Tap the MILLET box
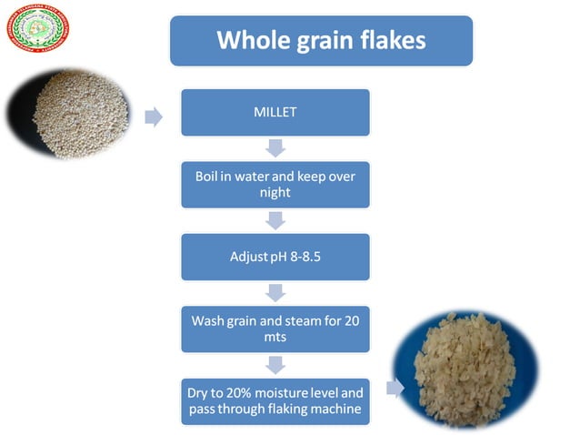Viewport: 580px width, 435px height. coord(275,112)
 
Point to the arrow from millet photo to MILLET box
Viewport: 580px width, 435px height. coord(154,116)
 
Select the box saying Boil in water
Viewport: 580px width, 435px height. coord(275,185)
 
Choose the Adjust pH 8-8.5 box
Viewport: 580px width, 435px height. coord(275,257)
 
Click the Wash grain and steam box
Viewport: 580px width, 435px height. coord(275,329)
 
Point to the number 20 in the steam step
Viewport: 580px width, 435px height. coord(349,320)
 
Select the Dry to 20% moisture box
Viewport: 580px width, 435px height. coord(275,401)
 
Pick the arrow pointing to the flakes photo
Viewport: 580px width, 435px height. coord(394,389)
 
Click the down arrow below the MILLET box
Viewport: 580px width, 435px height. coord(275,147)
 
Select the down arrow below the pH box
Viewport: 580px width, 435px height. coord(275,292)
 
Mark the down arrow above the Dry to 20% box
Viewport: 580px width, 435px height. coord(275,364)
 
